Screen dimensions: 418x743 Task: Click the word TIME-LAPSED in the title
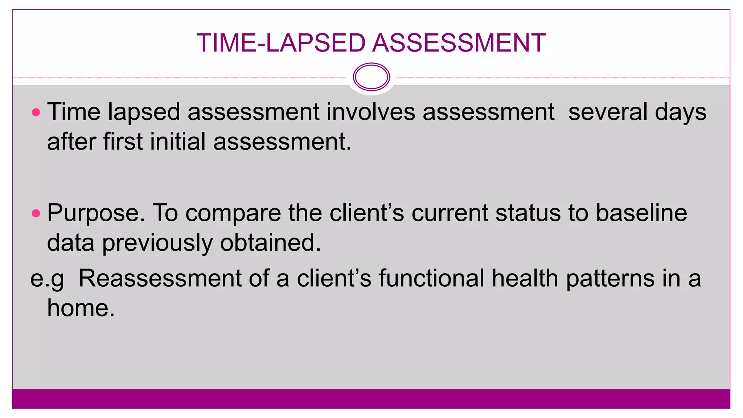(281, 43)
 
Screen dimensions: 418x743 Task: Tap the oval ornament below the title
(371, 77)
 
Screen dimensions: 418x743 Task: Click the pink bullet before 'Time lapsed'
(36, 112)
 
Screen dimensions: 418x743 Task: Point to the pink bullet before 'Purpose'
(36, 213)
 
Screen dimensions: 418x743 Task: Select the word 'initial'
(178, 142)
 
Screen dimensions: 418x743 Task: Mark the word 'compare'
(233, 213)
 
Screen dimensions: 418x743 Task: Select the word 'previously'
(157, 243)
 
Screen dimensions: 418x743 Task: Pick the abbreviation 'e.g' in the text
(47, 279)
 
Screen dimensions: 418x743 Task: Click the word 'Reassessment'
(160, 278)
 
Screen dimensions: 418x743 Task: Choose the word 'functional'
(432, 278)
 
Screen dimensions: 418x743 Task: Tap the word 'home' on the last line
(81, 308)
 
